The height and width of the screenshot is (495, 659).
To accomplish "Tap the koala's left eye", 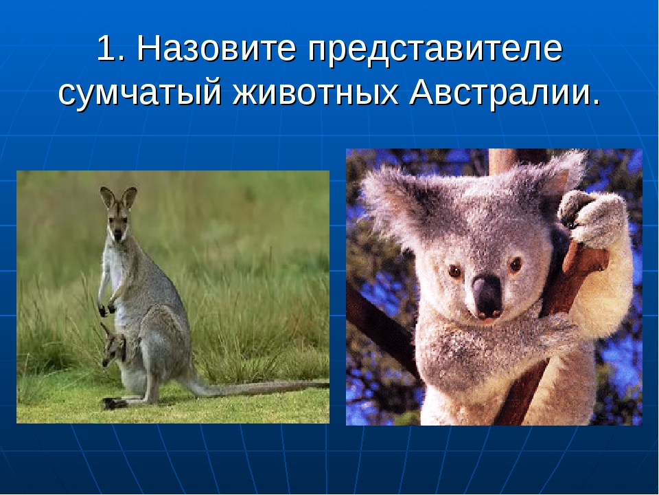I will [x=454, y=272].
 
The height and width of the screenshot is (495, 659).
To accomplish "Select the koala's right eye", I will [x=515, y=265].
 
